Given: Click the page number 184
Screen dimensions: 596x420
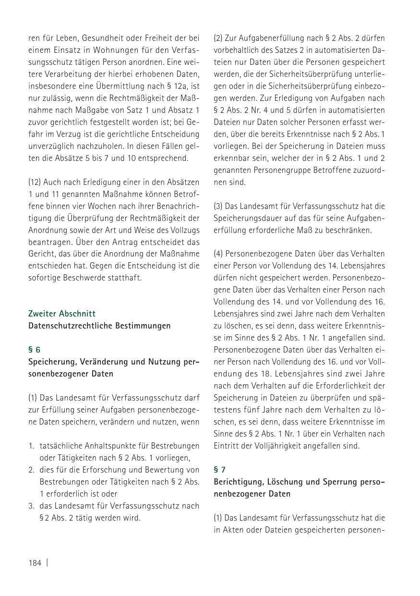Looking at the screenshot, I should tap(35, 563).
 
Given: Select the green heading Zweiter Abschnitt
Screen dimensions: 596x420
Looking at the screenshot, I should tap(62, 314).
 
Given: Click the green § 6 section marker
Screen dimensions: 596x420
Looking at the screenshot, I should tap(35, 350).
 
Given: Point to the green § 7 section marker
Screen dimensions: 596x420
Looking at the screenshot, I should tap(220, 470).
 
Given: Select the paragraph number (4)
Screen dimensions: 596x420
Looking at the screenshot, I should tap(218, 254).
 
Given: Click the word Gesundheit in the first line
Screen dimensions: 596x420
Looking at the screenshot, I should tap(99, 38).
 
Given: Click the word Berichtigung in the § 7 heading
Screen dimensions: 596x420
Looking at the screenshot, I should tap(238, 482).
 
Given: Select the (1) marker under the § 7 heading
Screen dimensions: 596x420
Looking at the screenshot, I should tap(218, 518).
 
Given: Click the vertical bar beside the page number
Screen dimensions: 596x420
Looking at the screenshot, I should tap(47, 563).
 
